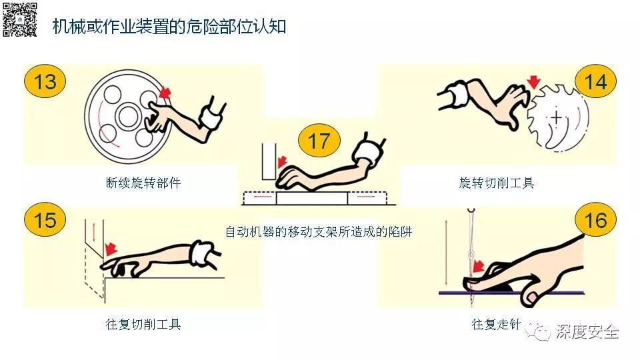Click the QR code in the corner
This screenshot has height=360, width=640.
(20, 19)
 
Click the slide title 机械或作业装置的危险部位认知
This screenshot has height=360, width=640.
(169, 26)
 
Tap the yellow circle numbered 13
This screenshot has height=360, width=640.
(45, 82)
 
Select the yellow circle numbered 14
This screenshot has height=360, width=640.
(595, 82)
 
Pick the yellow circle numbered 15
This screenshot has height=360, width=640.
(45, 220)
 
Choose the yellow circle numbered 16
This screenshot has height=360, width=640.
(595, 220)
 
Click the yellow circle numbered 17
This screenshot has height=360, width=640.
(319, 141)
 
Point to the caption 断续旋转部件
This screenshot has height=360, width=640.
(143, 183)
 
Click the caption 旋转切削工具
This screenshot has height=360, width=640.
(497, 183)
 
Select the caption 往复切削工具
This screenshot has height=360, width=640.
(143, 325)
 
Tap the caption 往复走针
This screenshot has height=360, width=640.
(495, 325)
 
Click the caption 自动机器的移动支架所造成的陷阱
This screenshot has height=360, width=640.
(319, 232)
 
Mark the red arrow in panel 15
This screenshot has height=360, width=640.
(111, 248)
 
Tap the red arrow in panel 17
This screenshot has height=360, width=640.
(283, 162)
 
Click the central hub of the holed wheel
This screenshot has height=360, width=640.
(127, 117)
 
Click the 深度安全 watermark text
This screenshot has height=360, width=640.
(587, 332)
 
